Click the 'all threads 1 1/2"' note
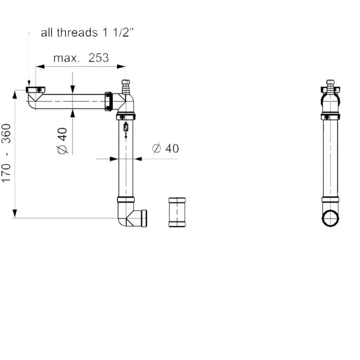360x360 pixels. click(x=87, y=33)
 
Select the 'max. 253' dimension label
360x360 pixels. click(x=81, y=58)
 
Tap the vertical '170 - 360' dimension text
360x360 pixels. click(x=6, y=153)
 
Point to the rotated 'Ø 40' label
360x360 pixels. click(x=62, y=141)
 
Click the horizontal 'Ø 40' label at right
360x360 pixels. click(x=166, y=148)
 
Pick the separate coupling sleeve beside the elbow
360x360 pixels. click(x=177, y=212)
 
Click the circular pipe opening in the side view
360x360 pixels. click(x=331, y=218)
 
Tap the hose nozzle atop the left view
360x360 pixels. click(x=126, y=87)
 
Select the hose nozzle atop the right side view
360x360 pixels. click(x=331, y=87)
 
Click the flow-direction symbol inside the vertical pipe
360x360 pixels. click(x=126, y=130)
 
